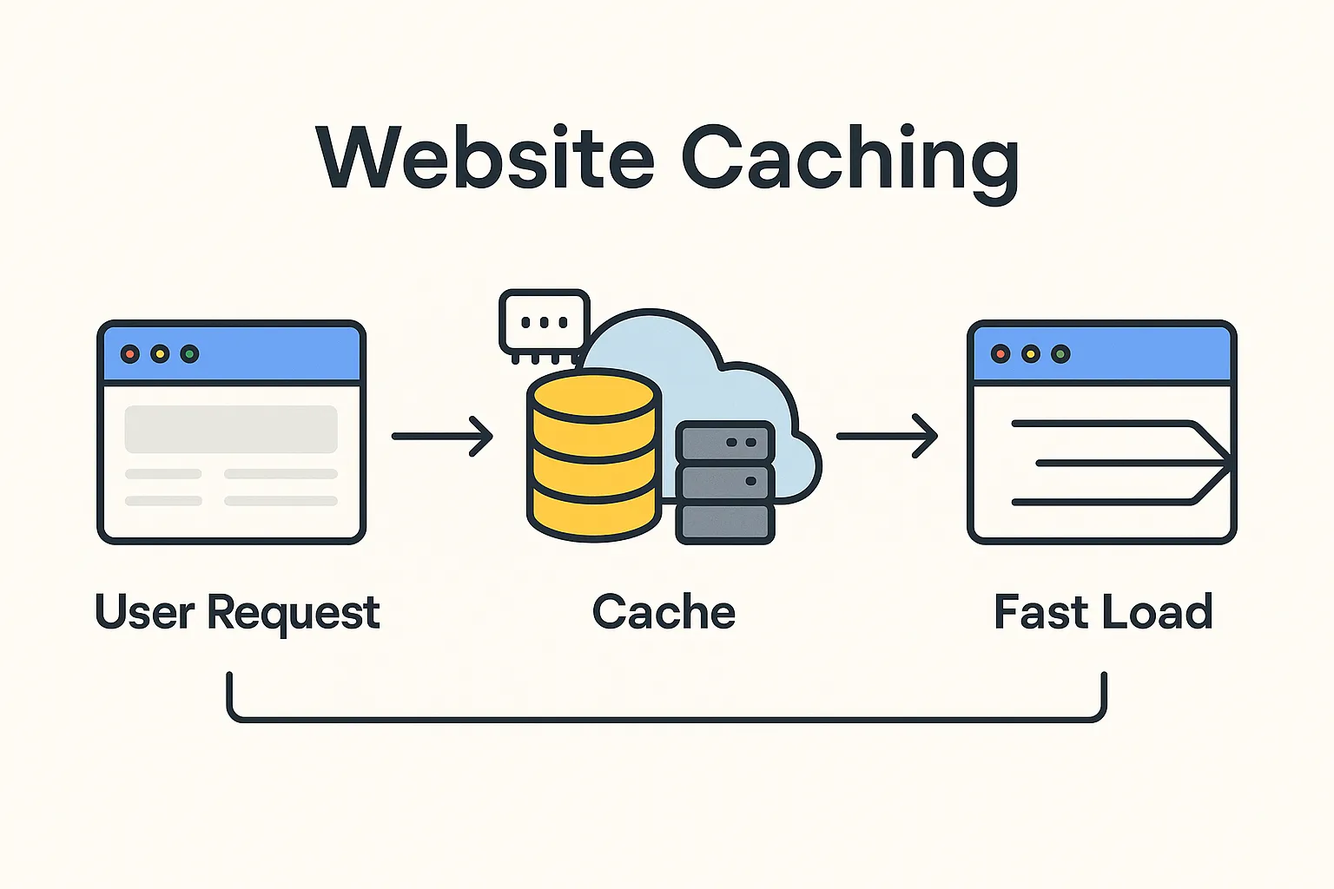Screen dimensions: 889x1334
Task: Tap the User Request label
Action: [x=237, y=612]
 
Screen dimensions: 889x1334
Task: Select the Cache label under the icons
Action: [x=664, y=612]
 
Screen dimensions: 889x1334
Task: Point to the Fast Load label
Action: [x=1102, y=612]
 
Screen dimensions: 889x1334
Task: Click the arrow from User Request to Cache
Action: [x=442, y=436]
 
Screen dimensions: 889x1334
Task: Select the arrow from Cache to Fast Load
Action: [x=887, y=436]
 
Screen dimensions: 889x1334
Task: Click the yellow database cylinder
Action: [x=594, y=460]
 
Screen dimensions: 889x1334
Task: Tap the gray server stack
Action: [x=725, y=483]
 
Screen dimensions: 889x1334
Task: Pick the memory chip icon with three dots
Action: [x=545, y=322]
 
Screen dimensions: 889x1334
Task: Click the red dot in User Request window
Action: [x=130, y=354]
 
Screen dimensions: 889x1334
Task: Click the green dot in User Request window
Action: [x=189, y=354]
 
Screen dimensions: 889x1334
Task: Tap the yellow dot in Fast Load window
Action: [x=1031, y=354]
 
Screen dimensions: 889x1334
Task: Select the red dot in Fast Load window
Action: [x=1000, y=354]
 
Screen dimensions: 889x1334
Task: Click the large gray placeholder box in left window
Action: [x=231, y=429]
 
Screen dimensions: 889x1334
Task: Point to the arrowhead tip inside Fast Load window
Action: [x=1228, y=464]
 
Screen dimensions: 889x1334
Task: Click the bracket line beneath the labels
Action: [x=666, y=719]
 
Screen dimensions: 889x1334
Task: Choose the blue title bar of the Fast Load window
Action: [x=1146, y=354]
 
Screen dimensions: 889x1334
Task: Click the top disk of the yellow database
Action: [x=594, y=398]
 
